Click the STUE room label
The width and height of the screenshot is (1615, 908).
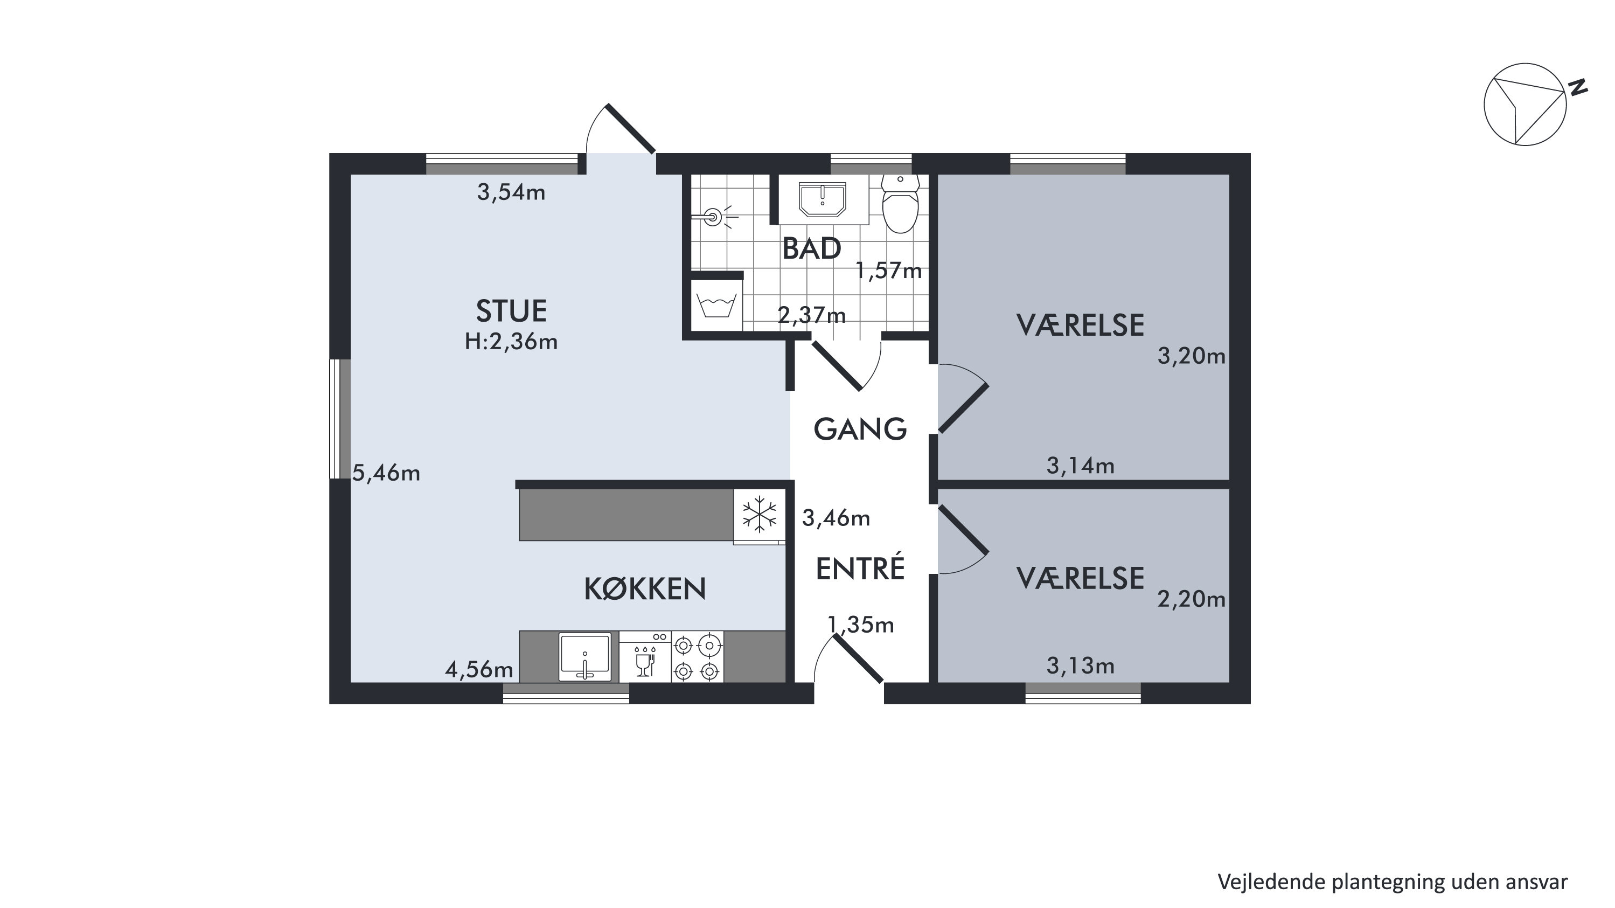[x=511, y=311]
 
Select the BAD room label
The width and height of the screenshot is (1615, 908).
[x=811, y=249]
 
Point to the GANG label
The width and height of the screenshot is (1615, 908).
[x=860, y=429]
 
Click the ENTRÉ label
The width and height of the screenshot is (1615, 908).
[x=860, y=568]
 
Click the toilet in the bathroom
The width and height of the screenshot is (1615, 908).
[x=900, y=203]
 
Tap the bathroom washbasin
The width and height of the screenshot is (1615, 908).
[x=823, y=199]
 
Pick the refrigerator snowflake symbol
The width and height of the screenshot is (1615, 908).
[x=759, y=514]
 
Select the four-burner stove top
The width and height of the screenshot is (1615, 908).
[x=697, y=656]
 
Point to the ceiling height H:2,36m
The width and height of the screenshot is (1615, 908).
[x=511, y=342]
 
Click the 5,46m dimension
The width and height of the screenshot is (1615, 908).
[x=386, y=473]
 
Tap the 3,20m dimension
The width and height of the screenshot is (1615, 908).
[x=1191, y=356]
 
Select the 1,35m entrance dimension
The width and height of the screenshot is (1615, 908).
[x=861, y=625]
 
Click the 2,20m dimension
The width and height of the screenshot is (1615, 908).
[x=1191, y=599]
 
